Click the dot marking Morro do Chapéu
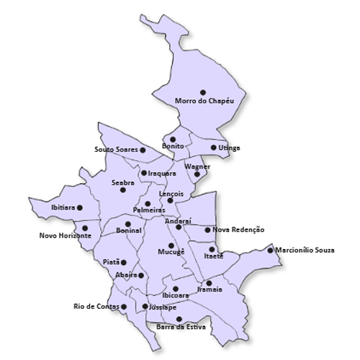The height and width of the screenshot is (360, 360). coord(203,92)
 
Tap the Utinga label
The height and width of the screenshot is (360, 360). coord(230,148)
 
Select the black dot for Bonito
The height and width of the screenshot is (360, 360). coord(173,139)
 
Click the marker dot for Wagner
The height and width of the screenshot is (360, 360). coord(197,174)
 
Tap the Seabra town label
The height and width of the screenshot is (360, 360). coord(122,183)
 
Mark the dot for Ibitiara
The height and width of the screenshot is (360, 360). coord(80,207)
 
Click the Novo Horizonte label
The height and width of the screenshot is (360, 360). coord(65,235)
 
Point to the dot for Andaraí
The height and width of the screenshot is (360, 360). coord(179,228)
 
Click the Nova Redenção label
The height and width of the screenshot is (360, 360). coord(238,230)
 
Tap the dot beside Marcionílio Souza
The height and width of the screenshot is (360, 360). coord(270,251)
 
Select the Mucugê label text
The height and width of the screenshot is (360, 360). coord(171,253)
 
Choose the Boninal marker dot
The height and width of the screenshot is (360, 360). coord(128,224)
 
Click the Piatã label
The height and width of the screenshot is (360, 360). coord(111,262)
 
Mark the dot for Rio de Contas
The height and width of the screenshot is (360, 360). coord(124,307)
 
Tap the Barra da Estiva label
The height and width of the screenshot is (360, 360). coord(181,327)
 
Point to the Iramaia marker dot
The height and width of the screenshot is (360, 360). coord(209,283)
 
